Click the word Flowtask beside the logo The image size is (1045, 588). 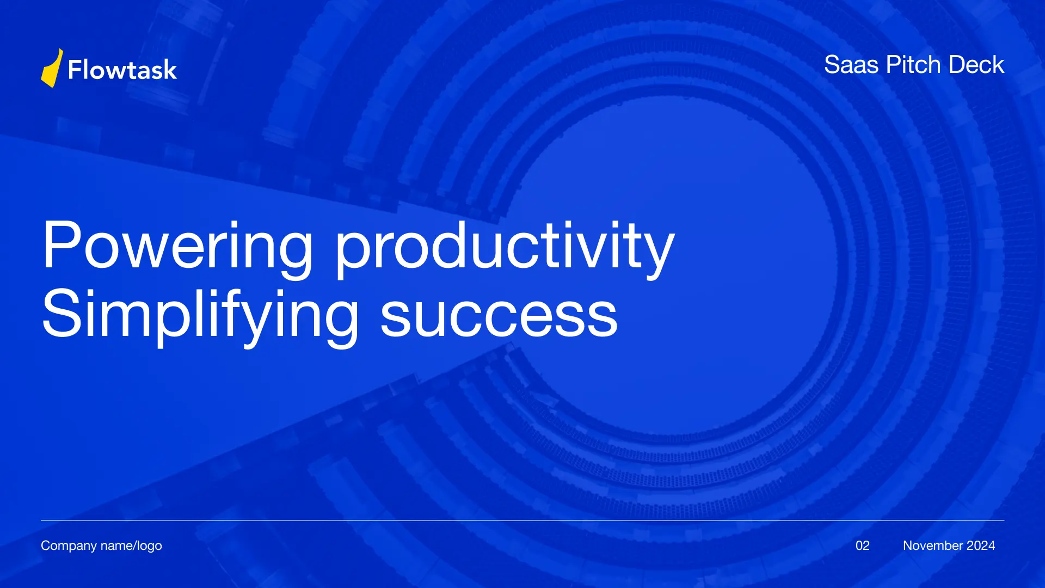(x=122, y=70)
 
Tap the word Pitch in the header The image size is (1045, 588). (x=914, y=64)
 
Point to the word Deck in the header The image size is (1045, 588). (x=976, y=64)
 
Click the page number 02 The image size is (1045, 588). (x=863, y=546)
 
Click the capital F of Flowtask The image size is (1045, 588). (x=75, y=70)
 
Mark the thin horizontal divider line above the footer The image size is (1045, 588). (x=522, y=520)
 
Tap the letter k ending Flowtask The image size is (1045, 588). (x=170, y=70)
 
